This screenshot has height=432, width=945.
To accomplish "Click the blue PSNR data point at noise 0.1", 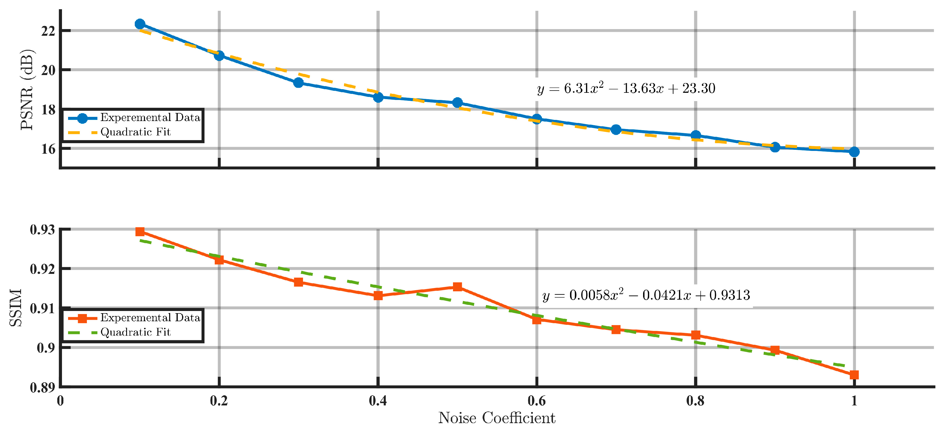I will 140,24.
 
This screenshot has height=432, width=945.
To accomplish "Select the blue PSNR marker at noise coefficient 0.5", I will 457,102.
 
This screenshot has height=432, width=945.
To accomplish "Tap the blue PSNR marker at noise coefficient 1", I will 854,151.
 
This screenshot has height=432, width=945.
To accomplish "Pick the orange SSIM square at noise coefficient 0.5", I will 457,287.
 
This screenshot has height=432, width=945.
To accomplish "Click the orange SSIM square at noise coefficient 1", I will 854,375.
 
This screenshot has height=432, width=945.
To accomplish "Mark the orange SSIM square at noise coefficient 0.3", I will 299,282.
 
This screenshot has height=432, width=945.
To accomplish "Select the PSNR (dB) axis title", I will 27,89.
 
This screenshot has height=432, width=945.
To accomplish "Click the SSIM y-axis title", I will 16,308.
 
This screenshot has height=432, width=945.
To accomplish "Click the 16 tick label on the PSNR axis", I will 48,149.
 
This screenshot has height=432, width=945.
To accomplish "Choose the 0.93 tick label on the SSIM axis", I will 43,230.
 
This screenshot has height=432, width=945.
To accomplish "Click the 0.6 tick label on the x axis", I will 536,401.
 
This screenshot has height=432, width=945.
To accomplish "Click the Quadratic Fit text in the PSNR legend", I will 135,132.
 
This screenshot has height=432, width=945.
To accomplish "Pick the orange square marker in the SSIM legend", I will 82,318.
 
